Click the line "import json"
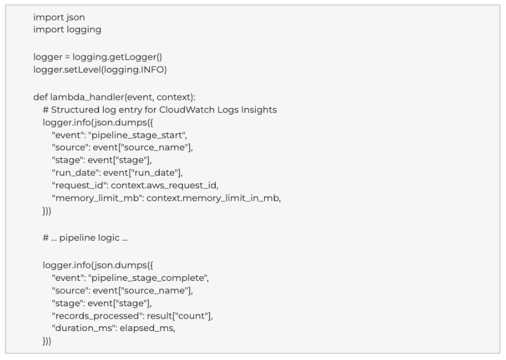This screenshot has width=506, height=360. [59, 18]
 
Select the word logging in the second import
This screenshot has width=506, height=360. [84, 30]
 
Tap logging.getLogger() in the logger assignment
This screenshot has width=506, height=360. [117, 57]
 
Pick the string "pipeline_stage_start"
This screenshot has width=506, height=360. [137, 135]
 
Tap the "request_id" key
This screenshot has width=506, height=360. [80, 185]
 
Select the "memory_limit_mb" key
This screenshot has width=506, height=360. [98, 198]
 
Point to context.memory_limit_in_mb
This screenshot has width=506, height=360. [213, 198]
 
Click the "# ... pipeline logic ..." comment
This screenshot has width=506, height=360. [85, 238]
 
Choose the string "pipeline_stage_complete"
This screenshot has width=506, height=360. [148, 278]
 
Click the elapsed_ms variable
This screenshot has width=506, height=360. [146, 328]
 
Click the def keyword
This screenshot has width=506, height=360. [40, 97]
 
